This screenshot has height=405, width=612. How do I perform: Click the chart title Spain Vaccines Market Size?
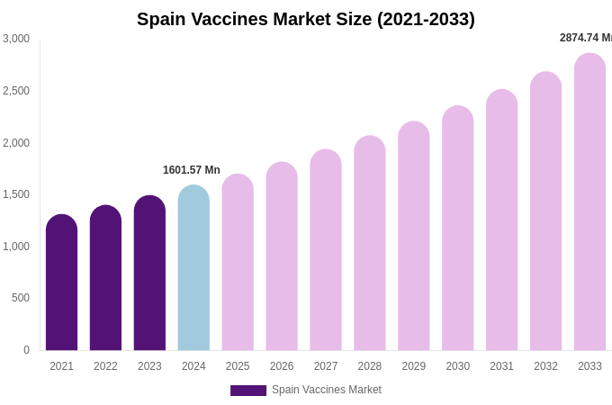306,19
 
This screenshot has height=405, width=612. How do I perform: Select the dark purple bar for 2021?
61,283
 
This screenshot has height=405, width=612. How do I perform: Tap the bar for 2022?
105,279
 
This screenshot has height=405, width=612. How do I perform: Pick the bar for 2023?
149,274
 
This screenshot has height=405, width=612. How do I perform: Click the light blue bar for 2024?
193,268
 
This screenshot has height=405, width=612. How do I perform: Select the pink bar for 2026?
282,257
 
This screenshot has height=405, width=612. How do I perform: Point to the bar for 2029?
414,237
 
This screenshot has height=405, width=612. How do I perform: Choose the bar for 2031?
501,220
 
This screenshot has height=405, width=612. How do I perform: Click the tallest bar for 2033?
589,202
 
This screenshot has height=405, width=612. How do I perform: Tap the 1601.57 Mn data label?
192,170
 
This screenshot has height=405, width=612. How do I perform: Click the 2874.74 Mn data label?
586,38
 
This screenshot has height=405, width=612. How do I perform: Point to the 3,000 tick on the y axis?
16,39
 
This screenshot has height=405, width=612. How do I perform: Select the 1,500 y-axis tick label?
16,194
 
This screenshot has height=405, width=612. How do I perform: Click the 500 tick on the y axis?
20,298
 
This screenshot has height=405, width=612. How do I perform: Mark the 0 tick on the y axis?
26,350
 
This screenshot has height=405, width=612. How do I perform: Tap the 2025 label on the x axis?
238,366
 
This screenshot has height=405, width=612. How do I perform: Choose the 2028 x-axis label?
370,366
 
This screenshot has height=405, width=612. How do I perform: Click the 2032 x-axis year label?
545,366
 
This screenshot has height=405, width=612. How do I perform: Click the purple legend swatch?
248,391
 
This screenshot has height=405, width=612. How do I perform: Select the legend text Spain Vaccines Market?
327,390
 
